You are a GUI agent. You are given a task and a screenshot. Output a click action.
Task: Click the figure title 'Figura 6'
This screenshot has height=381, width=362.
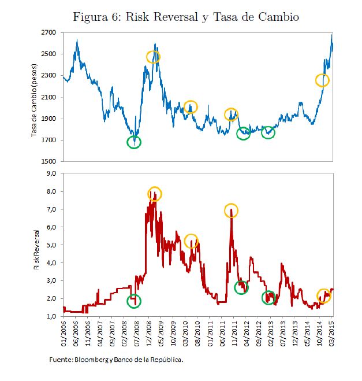(x=186, y=16)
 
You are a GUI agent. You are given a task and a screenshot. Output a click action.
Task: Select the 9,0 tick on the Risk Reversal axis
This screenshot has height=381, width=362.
(x=51, y=173)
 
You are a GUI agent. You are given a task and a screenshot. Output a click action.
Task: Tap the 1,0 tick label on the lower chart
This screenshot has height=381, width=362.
(x=51, y=317)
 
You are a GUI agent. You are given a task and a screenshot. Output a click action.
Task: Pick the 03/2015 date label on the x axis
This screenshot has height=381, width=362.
(x=332, y=332)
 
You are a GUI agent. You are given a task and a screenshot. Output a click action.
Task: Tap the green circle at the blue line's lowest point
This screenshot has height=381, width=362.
(x=134, y=141)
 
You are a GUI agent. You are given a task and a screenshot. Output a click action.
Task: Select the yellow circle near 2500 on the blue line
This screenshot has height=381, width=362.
(x=153, y=57)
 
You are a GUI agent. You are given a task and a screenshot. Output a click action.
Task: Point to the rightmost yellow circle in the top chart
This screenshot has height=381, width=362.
(x=322, y=80)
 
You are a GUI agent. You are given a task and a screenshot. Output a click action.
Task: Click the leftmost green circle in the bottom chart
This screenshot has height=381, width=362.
(x=134, y=301)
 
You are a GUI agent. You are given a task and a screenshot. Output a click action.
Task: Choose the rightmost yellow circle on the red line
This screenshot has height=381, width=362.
(x=323, y=295)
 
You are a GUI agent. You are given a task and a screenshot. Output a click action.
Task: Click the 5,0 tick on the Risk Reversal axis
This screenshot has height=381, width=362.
(x=51, y=245)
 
